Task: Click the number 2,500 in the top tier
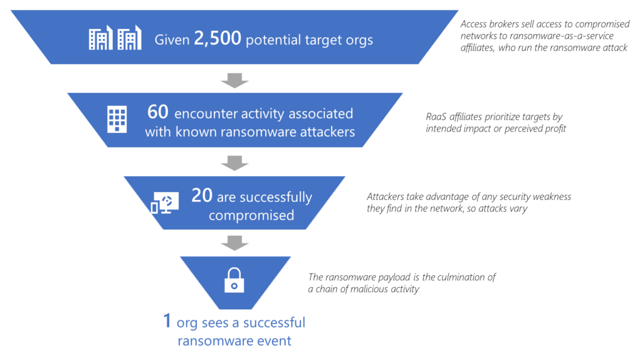click(217, 40)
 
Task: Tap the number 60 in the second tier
click(159, 113)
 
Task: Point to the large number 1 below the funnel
click(167, 322)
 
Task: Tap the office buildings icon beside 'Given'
click(115, 39)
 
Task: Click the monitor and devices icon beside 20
click(165, 203)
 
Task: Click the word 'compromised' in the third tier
click(251, 215)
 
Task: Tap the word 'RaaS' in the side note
click(437, 117)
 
